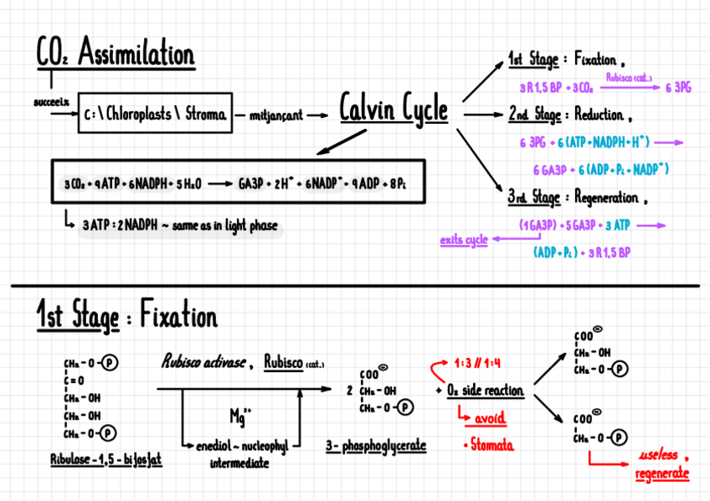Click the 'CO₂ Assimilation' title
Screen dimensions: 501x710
pos(116,54)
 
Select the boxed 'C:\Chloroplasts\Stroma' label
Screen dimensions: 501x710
pos(156,115)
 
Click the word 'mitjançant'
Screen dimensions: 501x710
pos(276,116)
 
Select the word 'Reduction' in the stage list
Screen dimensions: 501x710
pos(598,115)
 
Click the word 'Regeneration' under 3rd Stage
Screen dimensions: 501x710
pos(605,198)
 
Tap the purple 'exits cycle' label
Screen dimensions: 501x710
pos(464,241)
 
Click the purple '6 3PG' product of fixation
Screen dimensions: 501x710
pos(677,86)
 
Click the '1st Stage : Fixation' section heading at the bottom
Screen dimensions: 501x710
pos(126,317)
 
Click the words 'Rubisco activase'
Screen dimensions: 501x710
pos(203,362)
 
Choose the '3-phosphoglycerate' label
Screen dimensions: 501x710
pos(376,447)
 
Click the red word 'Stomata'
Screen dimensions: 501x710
pos(491,444)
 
